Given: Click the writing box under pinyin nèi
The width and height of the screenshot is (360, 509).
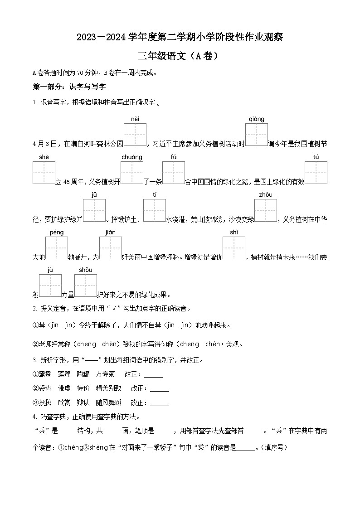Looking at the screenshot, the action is (135, 135).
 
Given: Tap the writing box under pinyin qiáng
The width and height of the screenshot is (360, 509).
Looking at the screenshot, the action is (256, 135).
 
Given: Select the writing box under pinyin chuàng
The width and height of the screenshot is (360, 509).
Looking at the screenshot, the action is (131, 173).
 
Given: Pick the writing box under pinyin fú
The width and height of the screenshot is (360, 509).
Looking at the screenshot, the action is (173, 173).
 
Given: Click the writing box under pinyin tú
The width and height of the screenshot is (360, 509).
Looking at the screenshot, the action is (316, 173).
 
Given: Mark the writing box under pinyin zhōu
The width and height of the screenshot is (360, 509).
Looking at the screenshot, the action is (265, 210).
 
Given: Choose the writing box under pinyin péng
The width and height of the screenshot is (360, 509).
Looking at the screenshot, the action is (56, 248).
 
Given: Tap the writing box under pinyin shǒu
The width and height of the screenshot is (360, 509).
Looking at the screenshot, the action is (85, 286).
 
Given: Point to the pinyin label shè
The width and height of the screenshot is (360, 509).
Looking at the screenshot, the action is (44, 157).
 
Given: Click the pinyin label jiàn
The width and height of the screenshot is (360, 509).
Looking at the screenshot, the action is (110, 233).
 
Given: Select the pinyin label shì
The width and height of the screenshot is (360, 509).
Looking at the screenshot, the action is (234, 233).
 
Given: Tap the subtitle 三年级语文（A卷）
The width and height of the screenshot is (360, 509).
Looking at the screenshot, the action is (180, 56).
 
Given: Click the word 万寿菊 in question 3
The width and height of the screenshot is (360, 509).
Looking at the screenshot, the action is (105, 374).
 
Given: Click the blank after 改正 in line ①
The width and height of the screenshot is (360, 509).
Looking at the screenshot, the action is (153, 375).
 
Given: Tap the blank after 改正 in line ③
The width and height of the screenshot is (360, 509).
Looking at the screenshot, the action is (159, 403).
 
